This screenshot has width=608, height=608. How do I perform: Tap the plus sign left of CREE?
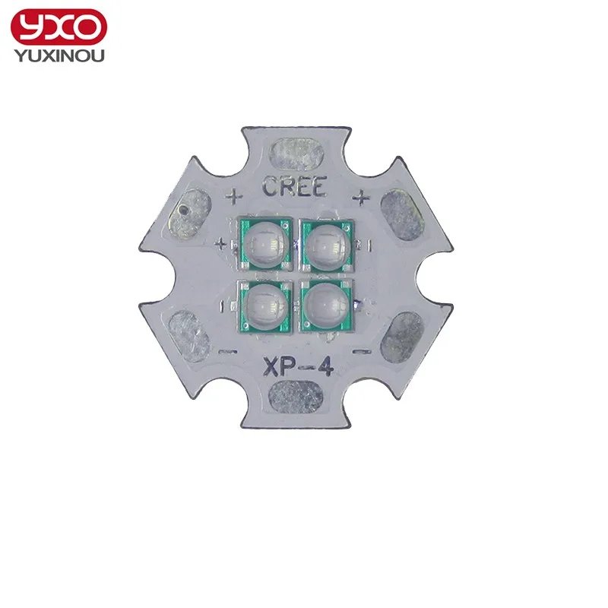pos(234,197)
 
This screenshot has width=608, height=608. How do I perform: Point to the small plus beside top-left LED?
pos(221,244)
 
